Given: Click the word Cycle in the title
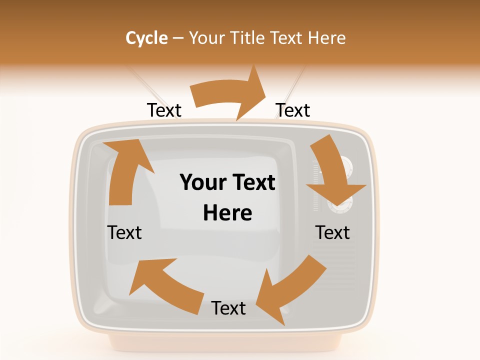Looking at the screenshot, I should [x=146, y=38].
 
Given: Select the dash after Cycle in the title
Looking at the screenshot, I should [x=178, y=38].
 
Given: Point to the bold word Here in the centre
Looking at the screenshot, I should [x=227, y=213].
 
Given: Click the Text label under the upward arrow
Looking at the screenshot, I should [x=125, y=233].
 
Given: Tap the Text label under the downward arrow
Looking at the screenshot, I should [x=333, y=233].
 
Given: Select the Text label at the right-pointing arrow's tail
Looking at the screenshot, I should [x=164, y=110].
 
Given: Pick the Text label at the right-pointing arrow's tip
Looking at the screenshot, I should [x=293, y=110].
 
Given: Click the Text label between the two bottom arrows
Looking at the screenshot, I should [x=228, y=308].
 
